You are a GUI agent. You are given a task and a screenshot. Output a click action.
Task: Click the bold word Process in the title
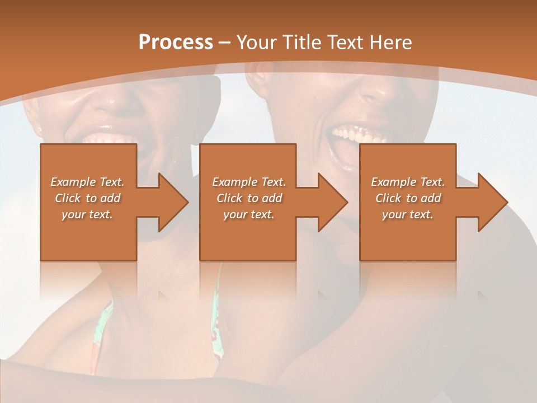pos(176,43)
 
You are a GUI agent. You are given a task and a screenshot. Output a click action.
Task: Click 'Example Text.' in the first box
pos(87,182)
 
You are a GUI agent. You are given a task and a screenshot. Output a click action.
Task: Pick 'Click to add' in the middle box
pos(249,198)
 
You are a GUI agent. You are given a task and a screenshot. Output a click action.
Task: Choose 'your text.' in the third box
pos(408,214)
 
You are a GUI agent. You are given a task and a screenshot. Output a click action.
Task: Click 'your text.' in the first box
pos(87,214)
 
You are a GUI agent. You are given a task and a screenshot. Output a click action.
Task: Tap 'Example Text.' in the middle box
pos(249,182)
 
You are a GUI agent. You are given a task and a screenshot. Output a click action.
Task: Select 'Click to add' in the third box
pos(408,198)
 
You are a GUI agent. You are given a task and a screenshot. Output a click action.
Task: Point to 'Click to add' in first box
pos(87,198)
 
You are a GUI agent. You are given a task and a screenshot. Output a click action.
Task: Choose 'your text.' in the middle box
pos(249,214)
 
